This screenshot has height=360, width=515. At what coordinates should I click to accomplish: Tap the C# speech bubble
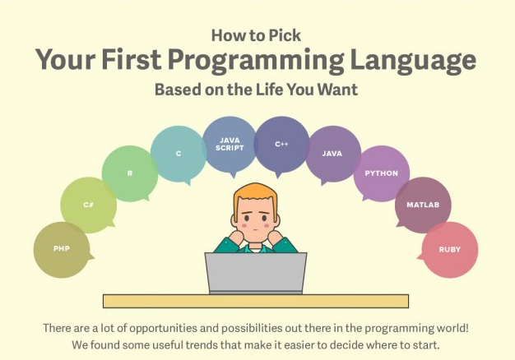coord(88,205)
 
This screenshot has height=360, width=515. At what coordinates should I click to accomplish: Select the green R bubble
coord(129,173)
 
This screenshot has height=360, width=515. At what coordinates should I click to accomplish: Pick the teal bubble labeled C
coord(178,153)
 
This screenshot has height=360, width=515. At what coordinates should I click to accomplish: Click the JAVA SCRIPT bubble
coord(230,144)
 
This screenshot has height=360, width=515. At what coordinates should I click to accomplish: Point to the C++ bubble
coord(281,144)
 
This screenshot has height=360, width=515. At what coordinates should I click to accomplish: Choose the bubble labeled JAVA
coord(332,154)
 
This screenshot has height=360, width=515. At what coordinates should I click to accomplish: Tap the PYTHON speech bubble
coord(381,173)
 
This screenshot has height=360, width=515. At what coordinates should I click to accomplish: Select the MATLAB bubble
coord(423,205)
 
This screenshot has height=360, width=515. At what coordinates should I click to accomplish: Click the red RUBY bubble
coord(450,249)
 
